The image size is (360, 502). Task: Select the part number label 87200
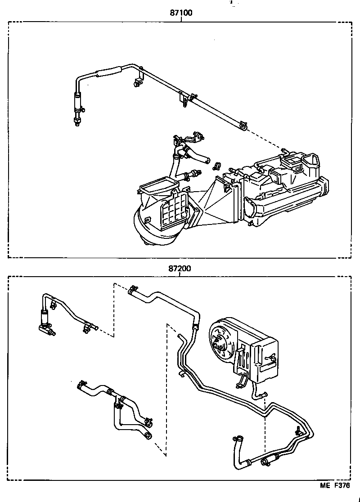(180, 269)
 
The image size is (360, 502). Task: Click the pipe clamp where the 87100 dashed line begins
(243, 126)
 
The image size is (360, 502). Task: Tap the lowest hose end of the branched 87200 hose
(148, 435)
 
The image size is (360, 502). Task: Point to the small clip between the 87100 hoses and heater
(216, 166)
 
